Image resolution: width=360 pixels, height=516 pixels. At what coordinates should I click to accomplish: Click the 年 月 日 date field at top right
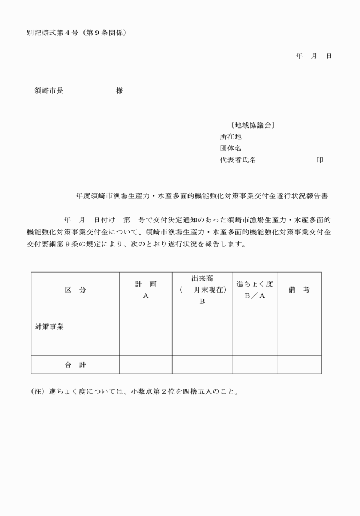click(314, 56)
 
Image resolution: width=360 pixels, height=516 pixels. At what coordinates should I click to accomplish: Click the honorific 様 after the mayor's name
click(119, 91)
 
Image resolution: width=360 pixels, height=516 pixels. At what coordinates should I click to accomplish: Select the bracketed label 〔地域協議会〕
click(251, 125)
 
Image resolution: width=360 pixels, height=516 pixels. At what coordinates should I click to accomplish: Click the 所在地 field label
click(231, 137)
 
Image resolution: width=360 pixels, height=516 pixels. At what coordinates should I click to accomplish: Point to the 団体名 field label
click(231, 149)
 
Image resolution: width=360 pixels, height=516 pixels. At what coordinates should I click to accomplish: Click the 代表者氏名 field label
click(238, 160)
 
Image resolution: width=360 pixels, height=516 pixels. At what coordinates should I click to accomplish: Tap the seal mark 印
click(319, 160)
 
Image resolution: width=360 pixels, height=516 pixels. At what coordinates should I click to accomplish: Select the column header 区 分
click(75, 290)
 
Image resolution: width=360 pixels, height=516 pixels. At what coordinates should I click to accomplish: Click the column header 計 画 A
click(146, 290)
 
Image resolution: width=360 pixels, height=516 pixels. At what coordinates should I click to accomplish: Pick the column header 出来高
click(202, 278)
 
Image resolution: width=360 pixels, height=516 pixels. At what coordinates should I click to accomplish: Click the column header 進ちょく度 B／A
click(254, 290)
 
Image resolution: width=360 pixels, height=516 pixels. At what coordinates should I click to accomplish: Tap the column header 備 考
click(299, 290)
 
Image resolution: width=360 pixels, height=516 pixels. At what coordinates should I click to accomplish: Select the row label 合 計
click(75, 365)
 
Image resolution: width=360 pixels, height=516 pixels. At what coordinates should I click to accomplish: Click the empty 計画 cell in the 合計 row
click(146, 365)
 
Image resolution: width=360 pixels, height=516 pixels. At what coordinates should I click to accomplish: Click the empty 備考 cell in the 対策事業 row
click(299, 331)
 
